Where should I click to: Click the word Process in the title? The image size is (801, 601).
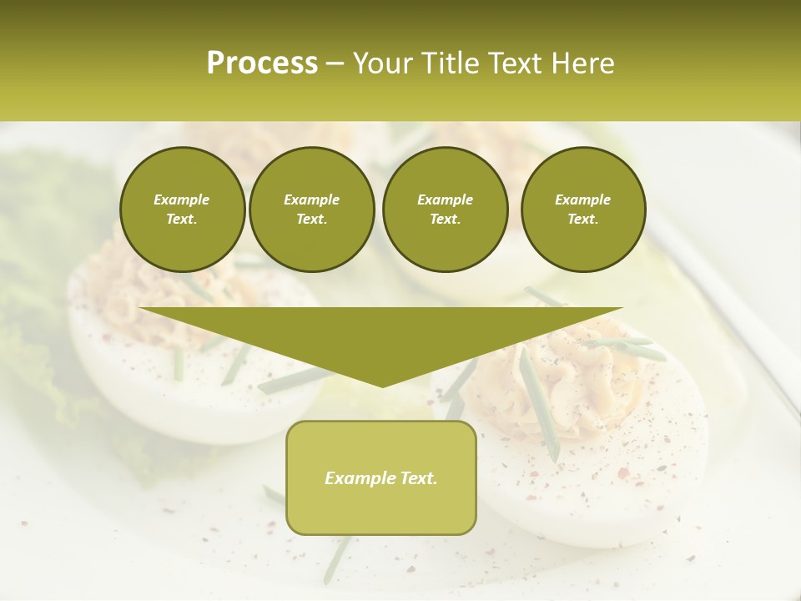(262, 63)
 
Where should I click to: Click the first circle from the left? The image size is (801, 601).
(182, 210)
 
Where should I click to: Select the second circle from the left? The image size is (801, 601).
(311, 210)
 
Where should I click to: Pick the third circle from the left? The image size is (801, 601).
(445, 210)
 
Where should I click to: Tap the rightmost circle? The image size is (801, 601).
(582, 210)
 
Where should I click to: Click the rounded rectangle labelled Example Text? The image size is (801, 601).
(381, 477)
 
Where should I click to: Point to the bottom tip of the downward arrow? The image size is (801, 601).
(382, 386)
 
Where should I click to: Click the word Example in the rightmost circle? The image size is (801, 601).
(582, 199)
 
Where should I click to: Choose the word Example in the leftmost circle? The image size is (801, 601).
(182, 199)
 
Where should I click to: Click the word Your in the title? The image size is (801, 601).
(379, 63)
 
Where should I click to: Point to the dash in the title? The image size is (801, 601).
(335, 64)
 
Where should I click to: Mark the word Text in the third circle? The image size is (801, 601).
(445, 220)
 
